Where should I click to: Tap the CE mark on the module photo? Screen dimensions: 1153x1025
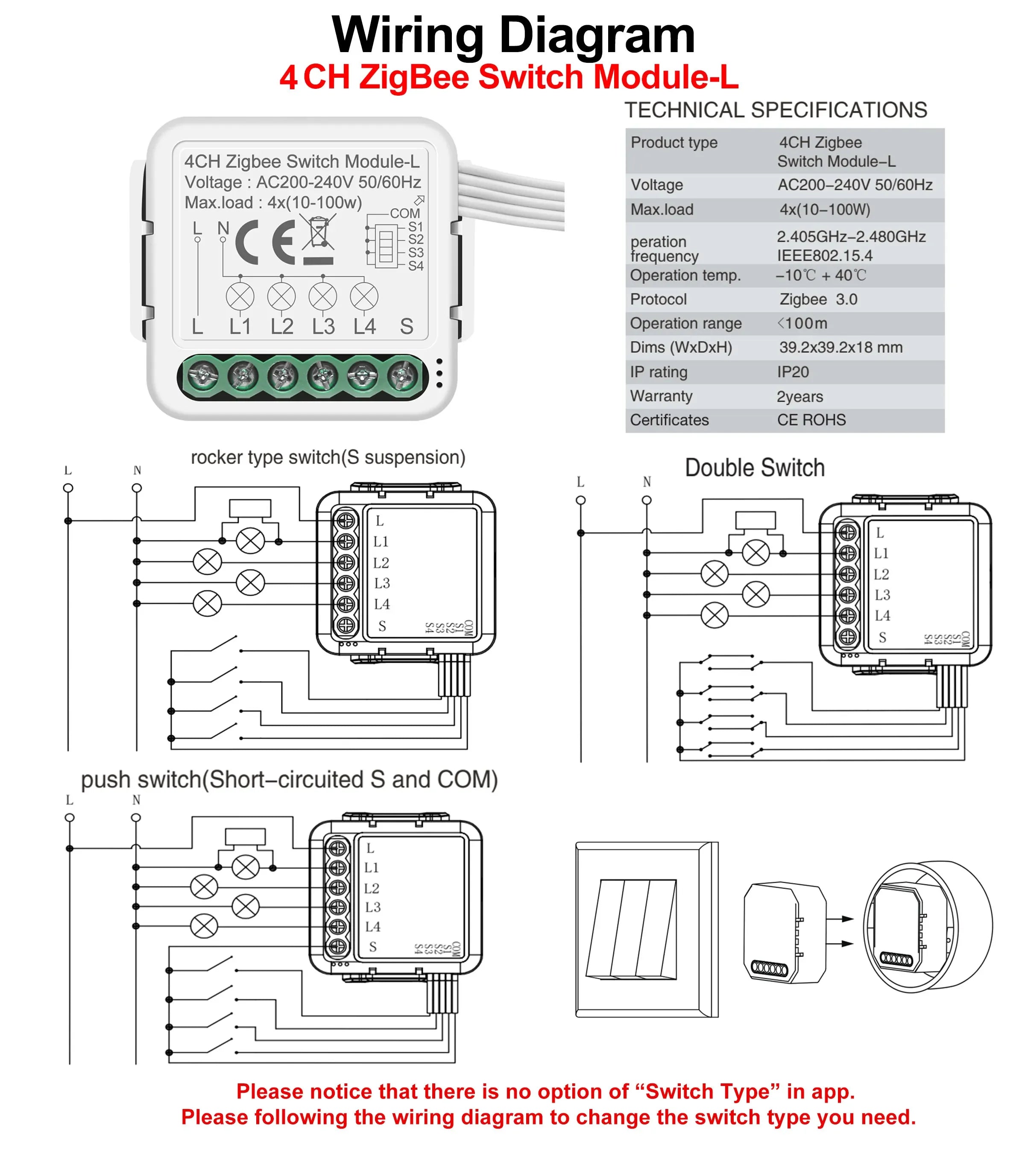click(265, 242)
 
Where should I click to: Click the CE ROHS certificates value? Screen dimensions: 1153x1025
click(811, 420)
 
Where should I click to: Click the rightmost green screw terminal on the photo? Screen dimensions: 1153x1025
click(403, 376)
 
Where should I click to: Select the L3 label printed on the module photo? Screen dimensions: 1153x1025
click(323, 327)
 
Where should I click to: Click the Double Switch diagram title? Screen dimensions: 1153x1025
click(754, 468)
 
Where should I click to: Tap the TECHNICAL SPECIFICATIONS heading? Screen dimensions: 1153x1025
click(775, 110)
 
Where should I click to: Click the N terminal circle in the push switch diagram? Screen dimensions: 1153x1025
click(136, 817)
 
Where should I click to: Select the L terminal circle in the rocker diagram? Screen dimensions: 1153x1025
click(68, 488)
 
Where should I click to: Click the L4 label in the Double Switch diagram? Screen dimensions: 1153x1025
click(882, 616)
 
